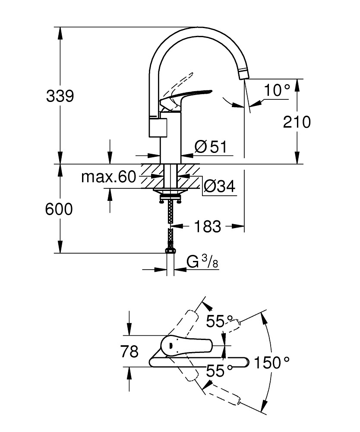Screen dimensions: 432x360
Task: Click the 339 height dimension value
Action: [60, 96]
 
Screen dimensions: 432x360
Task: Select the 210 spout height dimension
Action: [297, 122]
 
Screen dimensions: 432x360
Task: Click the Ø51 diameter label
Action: [210, 147]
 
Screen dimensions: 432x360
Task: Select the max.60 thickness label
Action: [109, 177]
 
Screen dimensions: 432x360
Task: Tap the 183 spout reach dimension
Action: [207, 226]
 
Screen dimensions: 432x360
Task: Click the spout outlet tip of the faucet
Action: [243, 74]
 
